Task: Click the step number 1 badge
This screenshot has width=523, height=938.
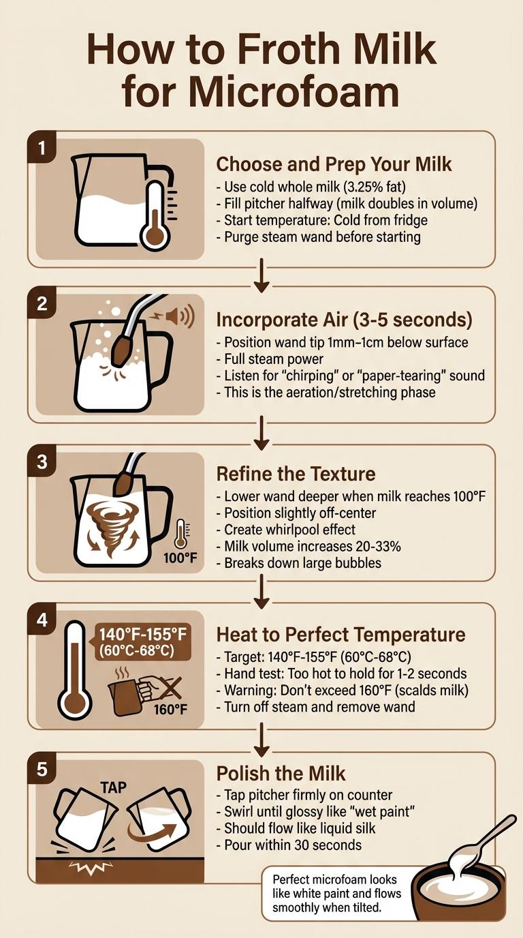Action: point(42,149)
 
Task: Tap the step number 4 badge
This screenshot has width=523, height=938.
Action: point(42,620)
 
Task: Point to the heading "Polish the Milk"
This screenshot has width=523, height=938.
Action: point(281,774)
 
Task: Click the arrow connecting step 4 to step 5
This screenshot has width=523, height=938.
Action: point(261,738)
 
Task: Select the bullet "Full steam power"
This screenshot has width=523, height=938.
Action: point(270,359)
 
